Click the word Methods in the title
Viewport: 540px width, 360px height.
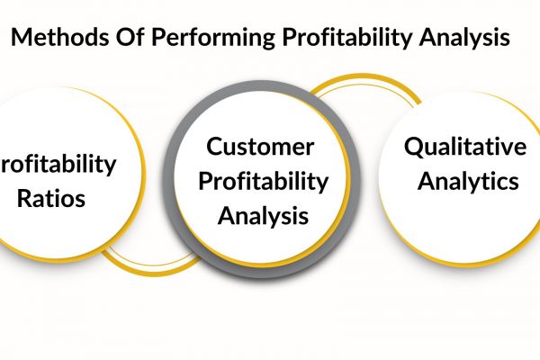click(59, 37)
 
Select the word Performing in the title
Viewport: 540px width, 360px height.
click(213, 38)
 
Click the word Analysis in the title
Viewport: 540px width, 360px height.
click(464, 38)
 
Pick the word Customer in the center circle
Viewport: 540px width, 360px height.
click(260, 147)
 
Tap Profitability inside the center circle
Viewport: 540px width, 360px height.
click(264, 182)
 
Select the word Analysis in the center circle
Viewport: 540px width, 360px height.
click(263, 217)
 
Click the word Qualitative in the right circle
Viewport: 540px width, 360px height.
click(465, 147)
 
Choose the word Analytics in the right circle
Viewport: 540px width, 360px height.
click(468, 182)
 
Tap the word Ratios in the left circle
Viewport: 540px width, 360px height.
click(51, 199)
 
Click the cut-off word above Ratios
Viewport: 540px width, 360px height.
click(58, 165)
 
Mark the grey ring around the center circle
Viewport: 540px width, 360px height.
click(170, 179)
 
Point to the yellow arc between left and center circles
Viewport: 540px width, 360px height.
click(151, 272)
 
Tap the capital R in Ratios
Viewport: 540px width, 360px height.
click(23, 199)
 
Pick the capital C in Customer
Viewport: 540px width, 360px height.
click(215, 147)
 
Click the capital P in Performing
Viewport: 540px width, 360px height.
click(158, 37)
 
